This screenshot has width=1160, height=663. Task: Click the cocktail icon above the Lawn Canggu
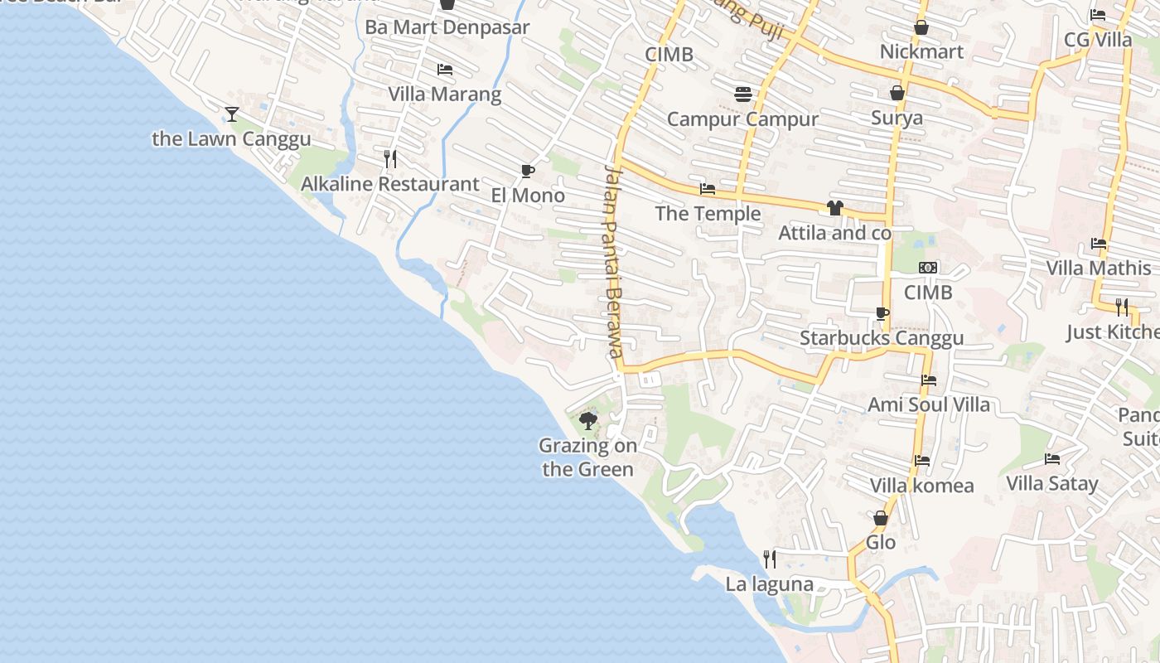point(231,114)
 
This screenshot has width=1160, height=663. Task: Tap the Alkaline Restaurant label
point(389,184)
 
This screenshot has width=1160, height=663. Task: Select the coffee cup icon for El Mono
point(527,171)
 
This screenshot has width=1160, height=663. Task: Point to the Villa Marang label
point(445,94)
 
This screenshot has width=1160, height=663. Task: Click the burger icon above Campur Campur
point(742,94)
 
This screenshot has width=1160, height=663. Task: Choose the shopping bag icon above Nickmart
point(921,27)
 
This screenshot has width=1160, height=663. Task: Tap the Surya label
point(897,118)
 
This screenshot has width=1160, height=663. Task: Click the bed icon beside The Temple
point(708,189)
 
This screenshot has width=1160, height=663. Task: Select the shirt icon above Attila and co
point(834,207)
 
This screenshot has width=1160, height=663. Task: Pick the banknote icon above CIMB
point(928,268)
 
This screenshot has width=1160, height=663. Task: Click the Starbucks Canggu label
point(882,338)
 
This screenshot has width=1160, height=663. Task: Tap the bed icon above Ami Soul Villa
point(929,380)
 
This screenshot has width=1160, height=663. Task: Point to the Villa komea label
point(921,485)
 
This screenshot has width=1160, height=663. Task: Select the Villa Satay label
point(1051,483)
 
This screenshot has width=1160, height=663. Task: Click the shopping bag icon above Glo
point(881,518)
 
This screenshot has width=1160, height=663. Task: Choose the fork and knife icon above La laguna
point(770,559)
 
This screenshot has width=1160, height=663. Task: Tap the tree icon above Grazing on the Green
point(588,421)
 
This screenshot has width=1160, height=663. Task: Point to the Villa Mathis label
point(1098,268)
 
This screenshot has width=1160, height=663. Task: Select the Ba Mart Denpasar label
point(447,27)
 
